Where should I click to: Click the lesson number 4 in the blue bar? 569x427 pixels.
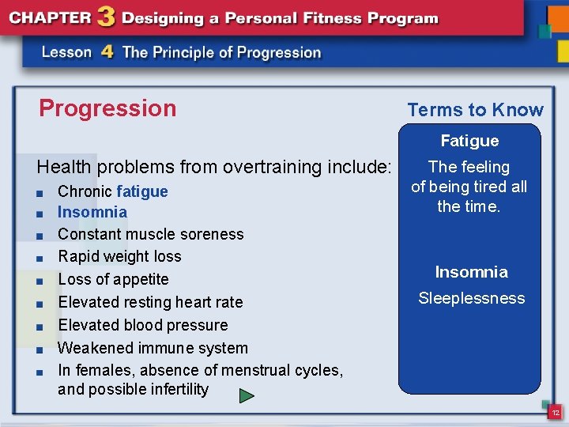coord(107,52)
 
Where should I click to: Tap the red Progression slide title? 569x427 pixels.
coord(107,108)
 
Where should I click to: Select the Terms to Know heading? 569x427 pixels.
coord(475,110)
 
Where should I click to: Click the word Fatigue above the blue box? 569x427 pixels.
coord(469,141)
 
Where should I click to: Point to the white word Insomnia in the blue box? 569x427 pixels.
coord(471,272)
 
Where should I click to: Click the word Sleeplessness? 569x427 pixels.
coord(471,298)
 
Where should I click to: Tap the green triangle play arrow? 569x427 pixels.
coord(247,395)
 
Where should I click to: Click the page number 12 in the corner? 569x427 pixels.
coord(556,413)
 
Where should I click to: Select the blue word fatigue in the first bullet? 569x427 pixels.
coord(142,191)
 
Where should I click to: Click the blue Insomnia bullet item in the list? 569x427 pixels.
coord(92,212)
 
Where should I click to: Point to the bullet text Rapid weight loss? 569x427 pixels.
coord(119,256)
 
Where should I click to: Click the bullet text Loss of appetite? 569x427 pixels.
coord(113,279)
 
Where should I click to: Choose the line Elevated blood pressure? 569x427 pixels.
coord(142,325)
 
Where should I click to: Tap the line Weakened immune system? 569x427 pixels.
coord(153,348)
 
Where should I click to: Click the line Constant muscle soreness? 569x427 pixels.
coord(150,234)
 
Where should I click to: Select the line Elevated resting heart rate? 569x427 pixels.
coord(150,302)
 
